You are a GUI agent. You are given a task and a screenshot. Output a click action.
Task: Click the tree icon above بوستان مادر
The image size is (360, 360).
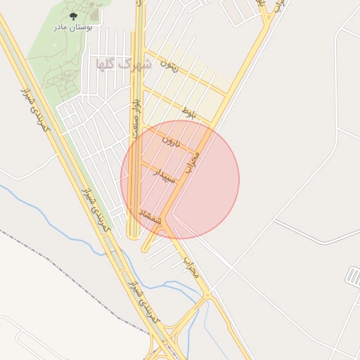[x=73, y=15]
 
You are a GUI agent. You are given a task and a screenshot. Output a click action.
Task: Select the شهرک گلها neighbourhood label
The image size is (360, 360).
[x=123, y=64]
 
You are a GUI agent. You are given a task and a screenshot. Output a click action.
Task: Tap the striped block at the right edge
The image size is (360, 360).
[x=353, y=276]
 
